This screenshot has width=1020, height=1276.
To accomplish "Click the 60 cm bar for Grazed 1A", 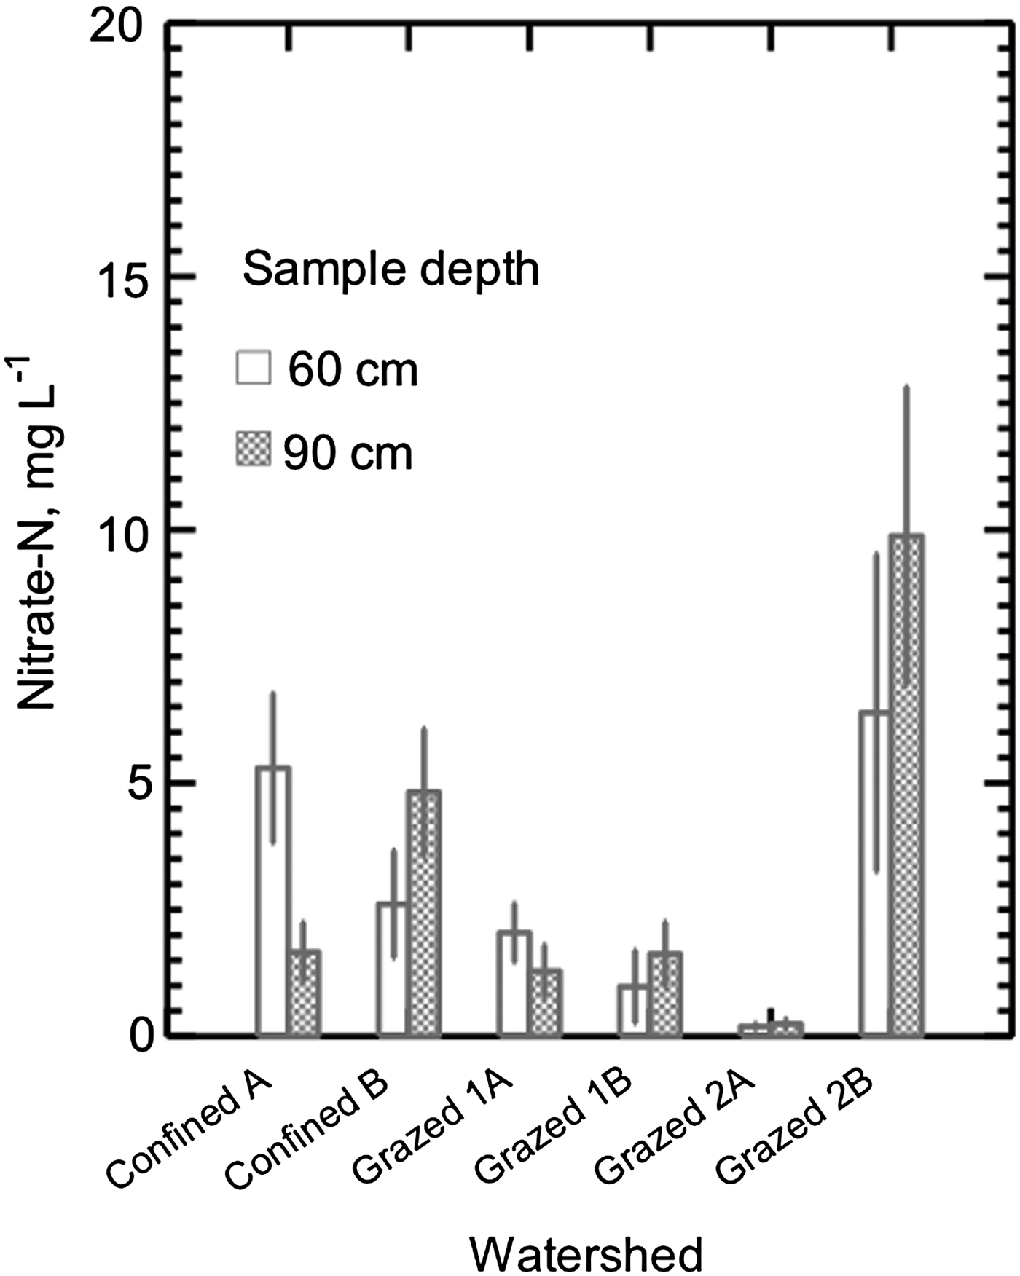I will point(514,982).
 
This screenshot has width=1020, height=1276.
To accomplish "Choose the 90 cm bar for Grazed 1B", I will point(665,993).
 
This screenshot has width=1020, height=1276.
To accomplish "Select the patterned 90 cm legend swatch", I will point(253,449).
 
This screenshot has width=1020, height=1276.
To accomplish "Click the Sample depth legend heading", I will point(391,269).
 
